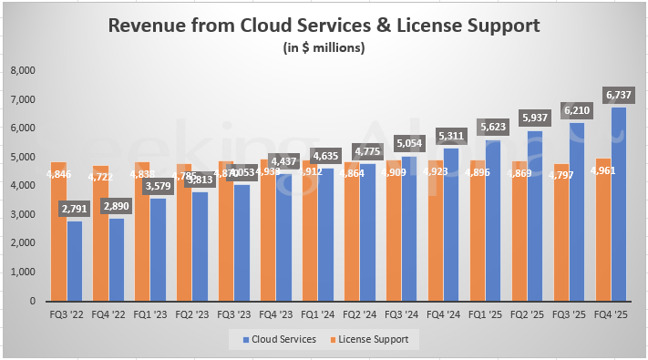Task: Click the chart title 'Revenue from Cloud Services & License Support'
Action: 324,26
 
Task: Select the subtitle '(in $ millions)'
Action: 324,47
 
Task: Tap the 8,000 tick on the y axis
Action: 21,70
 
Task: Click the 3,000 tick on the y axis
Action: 21,214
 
